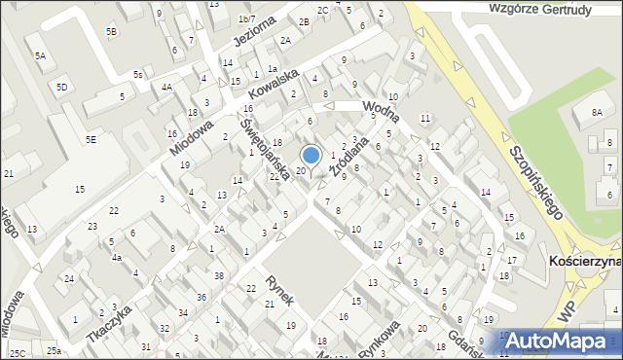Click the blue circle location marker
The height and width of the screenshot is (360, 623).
[311, 155]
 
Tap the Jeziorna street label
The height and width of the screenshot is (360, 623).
[255, 29]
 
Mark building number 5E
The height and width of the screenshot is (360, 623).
[91, 140]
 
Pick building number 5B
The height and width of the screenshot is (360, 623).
[112, 32]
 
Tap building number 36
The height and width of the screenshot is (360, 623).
[201, 297]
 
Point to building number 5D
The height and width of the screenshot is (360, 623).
[62, 88]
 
